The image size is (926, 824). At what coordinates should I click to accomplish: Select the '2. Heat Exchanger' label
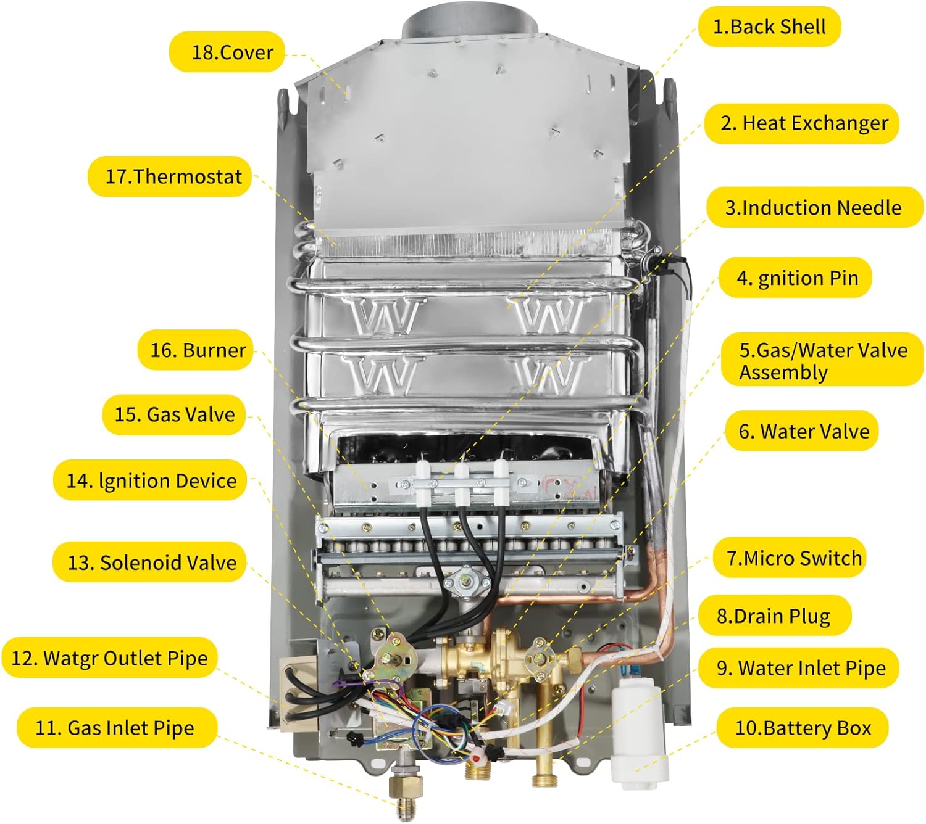tap(801, 123)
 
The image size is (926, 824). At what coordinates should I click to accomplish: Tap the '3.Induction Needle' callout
tap(814, 207)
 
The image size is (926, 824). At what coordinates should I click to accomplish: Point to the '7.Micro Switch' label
tap(789, 558)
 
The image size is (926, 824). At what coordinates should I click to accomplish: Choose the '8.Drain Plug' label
tap(774, 616)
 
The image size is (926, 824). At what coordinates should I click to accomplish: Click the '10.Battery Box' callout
tap(802, 728)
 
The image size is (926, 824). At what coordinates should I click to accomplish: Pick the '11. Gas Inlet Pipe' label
tap(116, 728)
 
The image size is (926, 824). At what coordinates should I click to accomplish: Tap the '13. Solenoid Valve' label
tap(150, 562)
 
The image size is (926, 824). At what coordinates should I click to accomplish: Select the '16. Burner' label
tap(195, 350)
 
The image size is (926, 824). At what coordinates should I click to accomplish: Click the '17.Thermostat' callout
tap(170, 177)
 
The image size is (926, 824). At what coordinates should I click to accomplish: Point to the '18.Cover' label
tap(227, 52)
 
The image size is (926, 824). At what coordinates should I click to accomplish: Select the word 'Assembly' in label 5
tap(783, 373)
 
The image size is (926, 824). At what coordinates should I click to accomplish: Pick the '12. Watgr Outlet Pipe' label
tap(109, 657)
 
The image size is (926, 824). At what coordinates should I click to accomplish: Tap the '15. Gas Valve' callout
tap(174, 414)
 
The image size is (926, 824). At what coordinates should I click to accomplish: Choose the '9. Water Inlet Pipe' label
tap(798, 668)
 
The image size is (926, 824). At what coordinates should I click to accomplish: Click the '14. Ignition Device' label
tap(150, 480)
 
